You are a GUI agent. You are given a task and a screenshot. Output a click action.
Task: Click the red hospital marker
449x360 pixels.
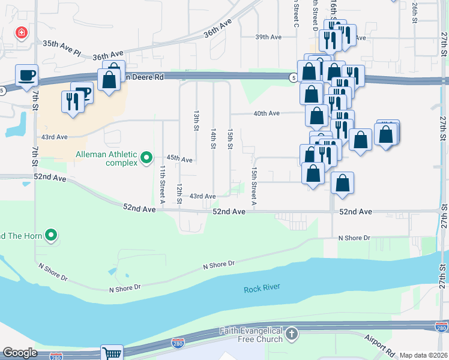click(x=22, y=32)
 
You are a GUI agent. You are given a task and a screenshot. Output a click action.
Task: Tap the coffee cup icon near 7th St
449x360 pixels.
click(x=26, y=75)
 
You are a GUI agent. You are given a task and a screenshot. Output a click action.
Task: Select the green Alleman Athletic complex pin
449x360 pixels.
click(x=146, y=158)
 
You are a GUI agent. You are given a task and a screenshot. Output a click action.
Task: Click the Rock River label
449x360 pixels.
click(x=262, y=289)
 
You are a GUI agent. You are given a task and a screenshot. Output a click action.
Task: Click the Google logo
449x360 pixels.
click(x=20, y=353)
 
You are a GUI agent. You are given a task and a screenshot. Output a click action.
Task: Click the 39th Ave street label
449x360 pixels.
click(x=268, y=37)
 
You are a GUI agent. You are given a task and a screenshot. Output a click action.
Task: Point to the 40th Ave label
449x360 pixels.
click(x=267, y=113)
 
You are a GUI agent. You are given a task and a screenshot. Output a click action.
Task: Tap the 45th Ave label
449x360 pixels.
click(x=179, y=159)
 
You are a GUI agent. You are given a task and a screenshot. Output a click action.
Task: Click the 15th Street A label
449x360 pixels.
click(x=254, y=185)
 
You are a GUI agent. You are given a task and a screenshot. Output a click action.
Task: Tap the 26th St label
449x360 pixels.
click(x=414, y=11)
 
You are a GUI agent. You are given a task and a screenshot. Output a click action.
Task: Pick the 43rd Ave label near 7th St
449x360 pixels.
click(x=54, y=137)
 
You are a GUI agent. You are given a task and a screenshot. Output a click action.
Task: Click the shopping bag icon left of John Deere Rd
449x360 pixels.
click(x=109, y=79)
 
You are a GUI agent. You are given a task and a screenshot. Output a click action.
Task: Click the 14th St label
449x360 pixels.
click(x=213, y=138)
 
